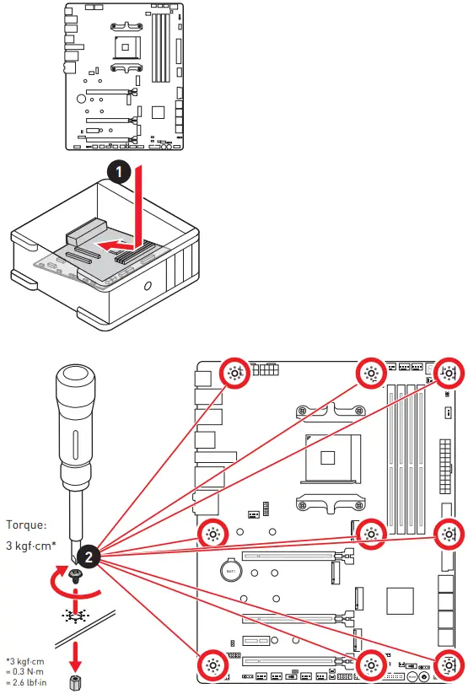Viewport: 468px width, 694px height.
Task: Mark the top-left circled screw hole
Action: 235,373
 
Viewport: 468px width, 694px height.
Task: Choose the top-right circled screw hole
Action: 449,373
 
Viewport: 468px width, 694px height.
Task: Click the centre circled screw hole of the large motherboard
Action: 371,533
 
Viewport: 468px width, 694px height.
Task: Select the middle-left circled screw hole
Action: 212,533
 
